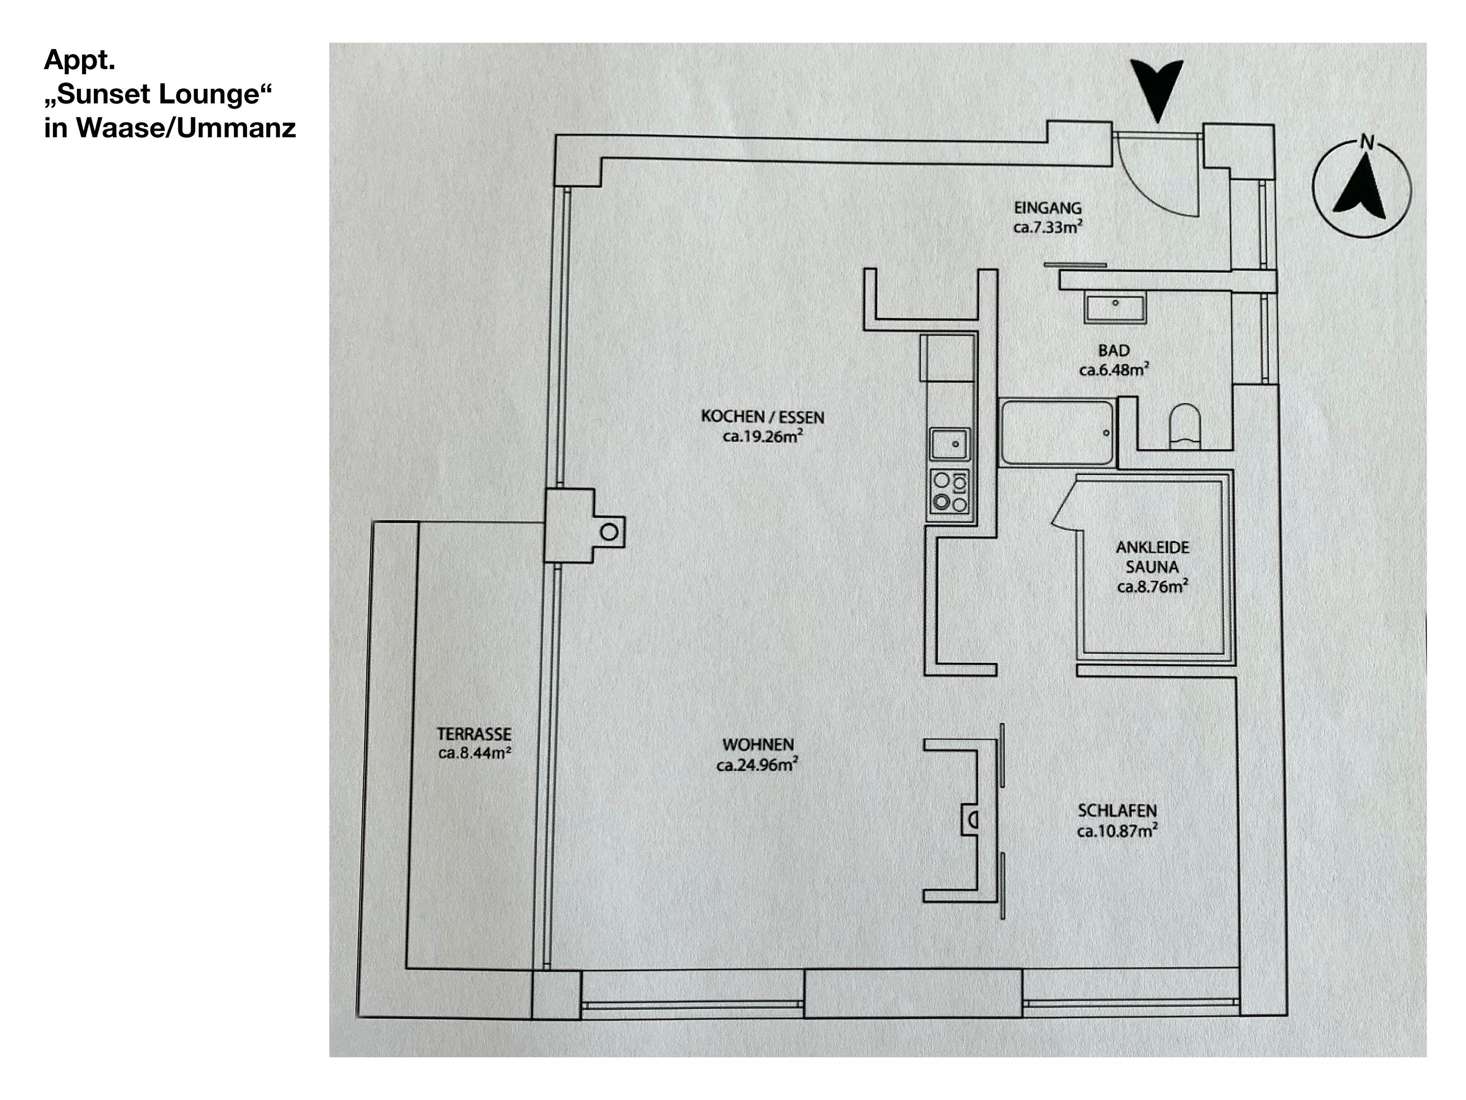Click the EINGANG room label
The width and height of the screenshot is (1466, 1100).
tap(1047, 208)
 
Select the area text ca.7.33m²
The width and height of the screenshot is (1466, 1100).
tap(1048, 227)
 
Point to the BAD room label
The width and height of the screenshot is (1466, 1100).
tap(1113, 350)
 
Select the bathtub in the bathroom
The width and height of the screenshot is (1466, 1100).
tap(1057, 432)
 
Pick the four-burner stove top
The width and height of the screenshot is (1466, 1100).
tap(950, 491)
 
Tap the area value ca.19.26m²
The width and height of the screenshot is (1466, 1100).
tap(762, 436)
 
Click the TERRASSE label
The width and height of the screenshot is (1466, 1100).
tap(474, 734)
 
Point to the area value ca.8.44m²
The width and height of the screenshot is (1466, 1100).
tap(474, 753)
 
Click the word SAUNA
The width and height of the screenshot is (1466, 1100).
tap(1152, 567)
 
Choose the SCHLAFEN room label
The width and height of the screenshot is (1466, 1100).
tap(1117, 810)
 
